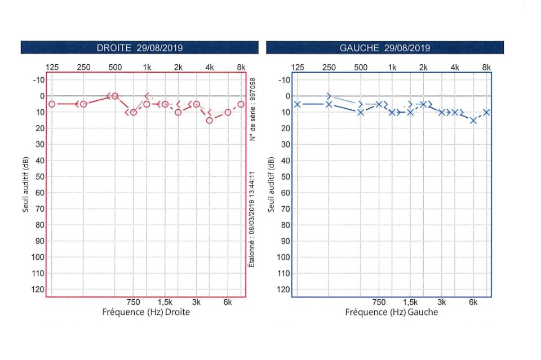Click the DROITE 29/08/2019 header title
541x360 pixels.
point(140,48)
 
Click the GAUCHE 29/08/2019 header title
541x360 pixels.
point(385,48)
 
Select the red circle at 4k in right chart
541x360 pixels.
point(210,120)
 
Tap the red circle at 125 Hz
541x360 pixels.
point(52,104)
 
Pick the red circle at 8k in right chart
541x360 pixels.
point(241,104)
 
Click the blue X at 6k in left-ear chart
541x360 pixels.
point(473,120)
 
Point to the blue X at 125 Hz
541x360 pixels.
point(298,104)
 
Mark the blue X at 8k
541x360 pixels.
point(486,112)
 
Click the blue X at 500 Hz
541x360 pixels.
point(361,112)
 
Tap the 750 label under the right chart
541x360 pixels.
point(133,303)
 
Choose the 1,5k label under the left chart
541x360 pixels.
point(410,303)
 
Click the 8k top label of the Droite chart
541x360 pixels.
point(241,68)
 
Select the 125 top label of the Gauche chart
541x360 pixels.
point(298,68)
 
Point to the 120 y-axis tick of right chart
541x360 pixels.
point(37,290)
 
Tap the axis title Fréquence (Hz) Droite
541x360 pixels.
point(146,312)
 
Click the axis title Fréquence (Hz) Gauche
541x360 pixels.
point(392,312)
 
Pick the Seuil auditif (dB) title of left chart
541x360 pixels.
point(272,185)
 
